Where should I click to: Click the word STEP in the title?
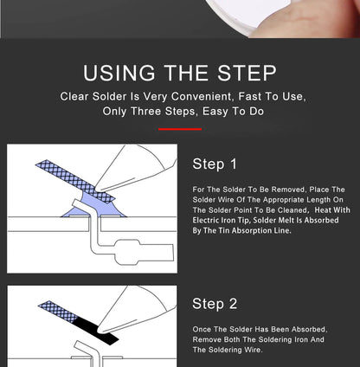247,73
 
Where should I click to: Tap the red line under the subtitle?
180,129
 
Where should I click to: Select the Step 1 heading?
215,164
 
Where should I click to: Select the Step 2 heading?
215,304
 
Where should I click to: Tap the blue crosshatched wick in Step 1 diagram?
75,182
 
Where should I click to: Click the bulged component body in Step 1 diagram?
128,252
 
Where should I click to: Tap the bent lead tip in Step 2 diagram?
78,344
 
